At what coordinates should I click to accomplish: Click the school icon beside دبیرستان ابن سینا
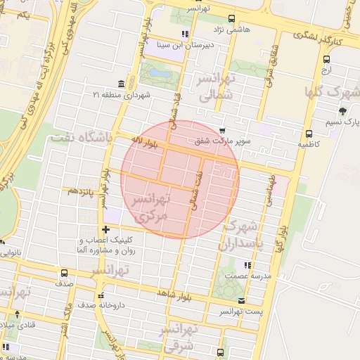click(x=184, y=33)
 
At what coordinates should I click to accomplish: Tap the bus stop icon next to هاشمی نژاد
click(x=232, y=20)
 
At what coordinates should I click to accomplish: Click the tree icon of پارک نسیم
click(x=342, y=111)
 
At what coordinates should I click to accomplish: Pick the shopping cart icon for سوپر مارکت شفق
click(x=223, y=130)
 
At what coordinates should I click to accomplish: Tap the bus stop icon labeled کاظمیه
click(x=308, y=134)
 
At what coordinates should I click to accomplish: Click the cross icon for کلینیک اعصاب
click(x=105, y=229)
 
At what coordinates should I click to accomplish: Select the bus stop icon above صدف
click(x=65, y=273)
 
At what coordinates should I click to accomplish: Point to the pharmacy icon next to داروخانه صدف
click(x=101, y=296)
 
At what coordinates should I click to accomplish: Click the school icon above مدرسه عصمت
click(x=247, y=265)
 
